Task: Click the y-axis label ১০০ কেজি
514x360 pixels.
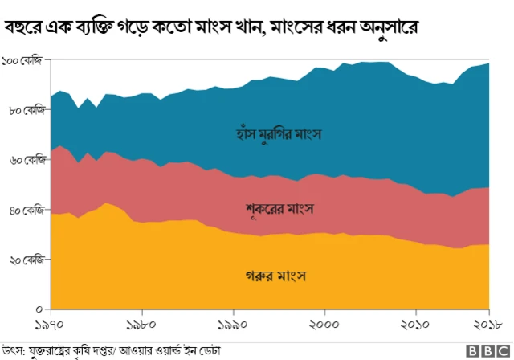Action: tap(22, 61)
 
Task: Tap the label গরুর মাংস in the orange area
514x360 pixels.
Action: tap(277, 277)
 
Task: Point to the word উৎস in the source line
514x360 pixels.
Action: tap(12, 350)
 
